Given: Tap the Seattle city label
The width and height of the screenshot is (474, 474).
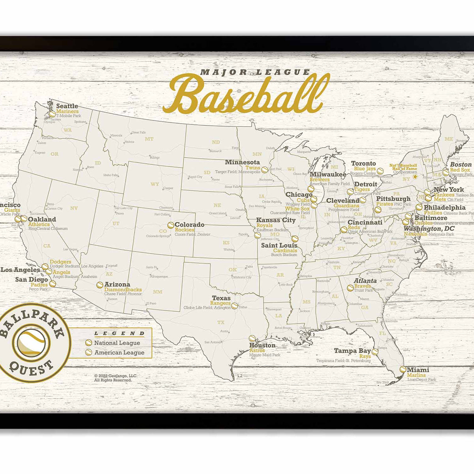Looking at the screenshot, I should point(67,106).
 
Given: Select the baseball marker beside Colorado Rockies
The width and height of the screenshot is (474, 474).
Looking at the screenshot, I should point(171,225).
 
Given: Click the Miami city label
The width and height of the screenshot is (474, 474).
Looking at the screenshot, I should point(418,370).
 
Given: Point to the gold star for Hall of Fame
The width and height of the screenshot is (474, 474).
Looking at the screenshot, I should point(415,177).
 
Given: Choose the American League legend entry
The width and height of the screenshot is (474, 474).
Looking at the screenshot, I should point(119,352).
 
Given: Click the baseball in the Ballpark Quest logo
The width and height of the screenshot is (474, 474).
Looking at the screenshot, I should point(31,343).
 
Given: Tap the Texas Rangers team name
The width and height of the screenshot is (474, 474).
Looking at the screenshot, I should point(220,303).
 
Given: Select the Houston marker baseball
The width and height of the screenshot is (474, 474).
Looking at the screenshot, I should point(252,339).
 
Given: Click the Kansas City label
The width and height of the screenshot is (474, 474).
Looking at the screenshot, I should point(276,220).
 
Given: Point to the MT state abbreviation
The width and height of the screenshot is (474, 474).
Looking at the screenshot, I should point(149,139).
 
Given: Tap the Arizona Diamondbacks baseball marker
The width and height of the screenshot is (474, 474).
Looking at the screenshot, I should point(100,284).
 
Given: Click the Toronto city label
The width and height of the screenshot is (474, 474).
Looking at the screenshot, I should point(363,163).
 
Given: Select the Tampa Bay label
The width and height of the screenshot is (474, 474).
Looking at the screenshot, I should point(352,351).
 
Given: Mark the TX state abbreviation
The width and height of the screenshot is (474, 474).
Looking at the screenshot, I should point(220,322).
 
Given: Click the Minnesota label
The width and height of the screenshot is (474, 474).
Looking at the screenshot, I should point(243,162).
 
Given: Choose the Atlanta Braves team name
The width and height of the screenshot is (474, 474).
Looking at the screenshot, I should point(362,286).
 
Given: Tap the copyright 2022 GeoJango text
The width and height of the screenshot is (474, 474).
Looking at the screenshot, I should point(115,376).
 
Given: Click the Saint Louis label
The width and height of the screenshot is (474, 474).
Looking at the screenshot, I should point(279,245).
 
